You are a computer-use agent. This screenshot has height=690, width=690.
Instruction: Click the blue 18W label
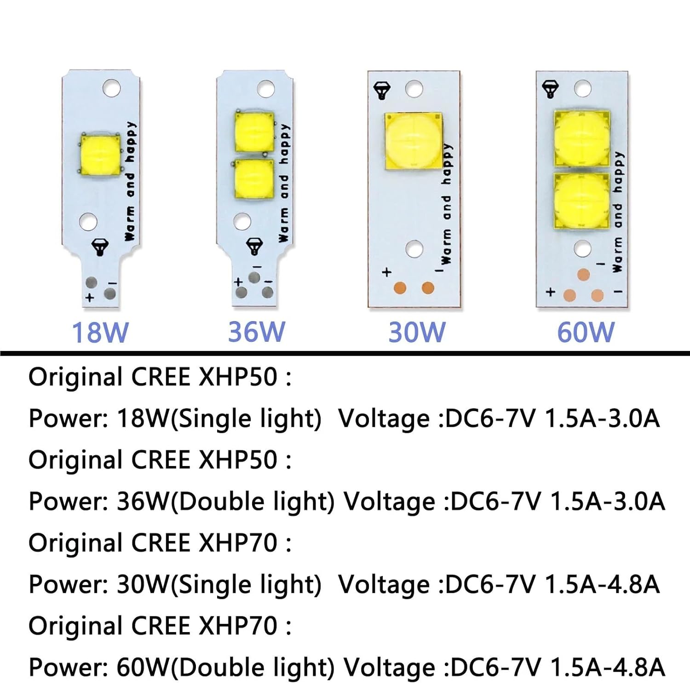pos(100,332)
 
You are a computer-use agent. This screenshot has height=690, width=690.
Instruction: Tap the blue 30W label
pos(417,332)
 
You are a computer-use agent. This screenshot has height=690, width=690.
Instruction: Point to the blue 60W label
pos(586,332)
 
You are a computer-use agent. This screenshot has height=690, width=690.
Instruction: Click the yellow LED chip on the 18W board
pos(100,155)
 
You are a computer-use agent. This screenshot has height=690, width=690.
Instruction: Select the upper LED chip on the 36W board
pos(254,132)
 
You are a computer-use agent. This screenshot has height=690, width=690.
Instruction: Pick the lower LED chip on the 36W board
pos(254,179)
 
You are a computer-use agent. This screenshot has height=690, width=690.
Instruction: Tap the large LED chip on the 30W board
pos(413,141)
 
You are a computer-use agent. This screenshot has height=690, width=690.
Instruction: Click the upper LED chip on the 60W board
pos(582,138)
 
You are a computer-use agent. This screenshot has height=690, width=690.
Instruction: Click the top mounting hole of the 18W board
pos(111,88)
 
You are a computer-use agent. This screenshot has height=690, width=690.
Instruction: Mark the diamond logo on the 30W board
pos(382,90)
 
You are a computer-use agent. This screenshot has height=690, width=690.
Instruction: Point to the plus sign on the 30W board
pos(386,272)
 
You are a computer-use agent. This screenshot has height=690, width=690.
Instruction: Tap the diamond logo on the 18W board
pos(100,247)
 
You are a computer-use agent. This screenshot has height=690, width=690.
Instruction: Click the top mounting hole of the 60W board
pos(583,89)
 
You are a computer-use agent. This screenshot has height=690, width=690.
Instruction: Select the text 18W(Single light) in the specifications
pos(219,419)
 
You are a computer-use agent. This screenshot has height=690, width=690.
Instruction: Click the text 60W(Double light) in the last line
pos(225,667)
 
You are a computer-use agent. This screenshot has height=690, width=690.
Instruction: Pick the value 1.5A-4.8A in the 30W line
pos(602,584)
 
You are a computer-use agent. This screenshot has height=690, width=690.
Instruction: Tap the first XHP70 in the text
pos(238,543)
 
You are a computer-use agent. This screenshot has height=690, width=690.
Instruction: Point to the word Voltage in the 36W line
pos(389,501)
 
